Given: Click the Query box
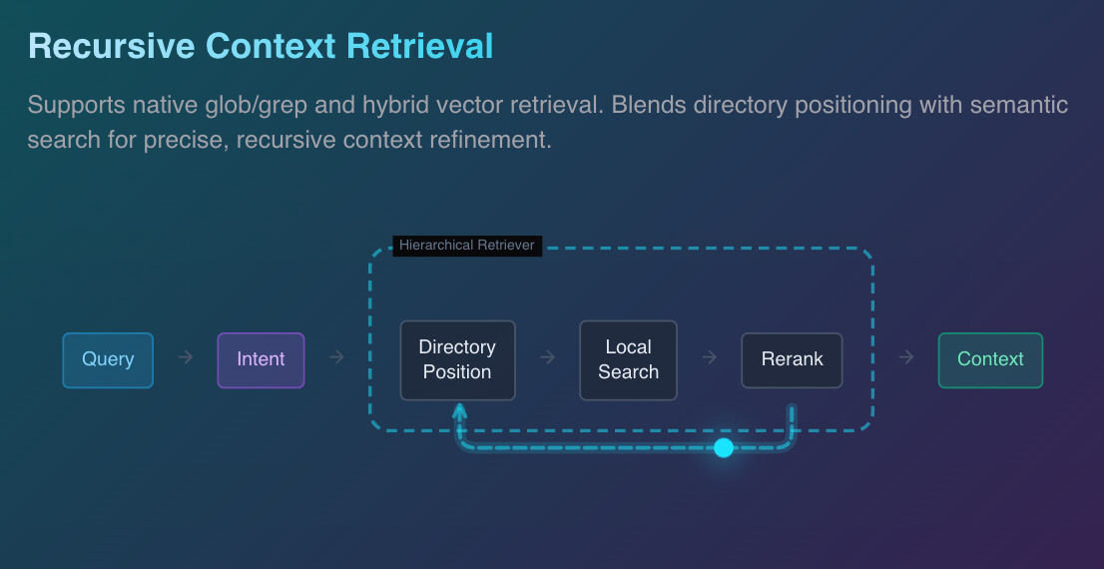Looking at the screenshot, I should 108,360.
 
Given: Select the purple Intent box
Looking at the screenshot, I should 261,360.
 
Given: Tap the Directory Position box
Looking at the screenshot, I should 457,360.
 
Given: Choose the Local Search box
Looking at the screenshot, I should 628,360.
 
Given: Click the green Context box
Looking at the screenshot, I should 990,360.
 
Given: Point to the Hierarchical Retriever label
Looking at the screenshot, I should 467,246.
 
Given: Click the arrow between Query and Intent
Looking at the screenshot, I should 185,357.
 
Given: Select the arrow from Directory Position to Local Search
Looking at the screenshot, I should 547,357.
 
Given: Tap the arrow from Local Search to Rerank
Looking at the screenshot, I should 709,357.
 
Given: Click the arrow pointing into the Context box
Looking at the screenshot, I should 905,357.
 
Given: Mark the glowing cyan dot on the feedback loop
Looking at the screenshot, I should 724,447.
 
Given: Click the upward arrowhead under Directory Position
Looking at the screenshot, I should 459,411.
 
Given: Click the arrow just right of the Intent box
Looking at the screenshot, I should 336,357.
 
